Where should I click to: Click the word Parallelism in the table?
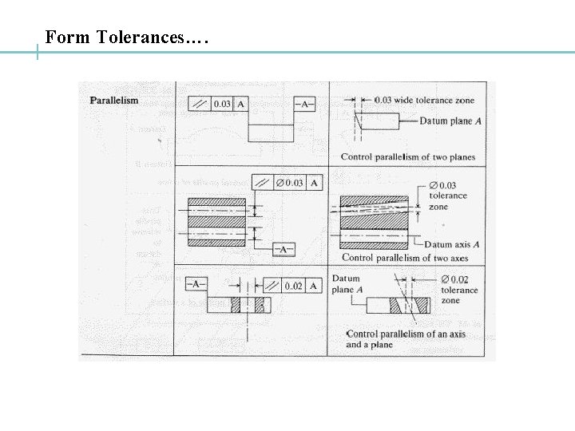coord(113,100)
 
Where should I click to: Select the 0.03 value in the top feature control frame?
coord(221,104)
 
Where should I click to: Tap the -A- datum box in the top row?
coord(304,104)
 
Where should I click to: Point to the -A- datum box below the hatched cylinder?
coord(283,249)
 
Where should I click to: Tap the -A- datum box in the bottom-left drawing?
coord(197,283)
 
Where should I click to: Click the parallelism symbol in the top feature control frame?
coord(200,104)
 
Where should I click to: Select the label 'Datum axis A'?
coord(451,244)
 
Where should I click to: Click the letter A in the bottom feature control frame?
coord(314,286)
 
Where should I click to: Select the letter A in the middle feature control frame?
coord(315,184)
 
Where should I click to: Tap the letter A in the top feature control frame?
coord(241,104)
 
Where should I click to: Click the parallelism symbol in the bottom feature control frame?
coord(272,286)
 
